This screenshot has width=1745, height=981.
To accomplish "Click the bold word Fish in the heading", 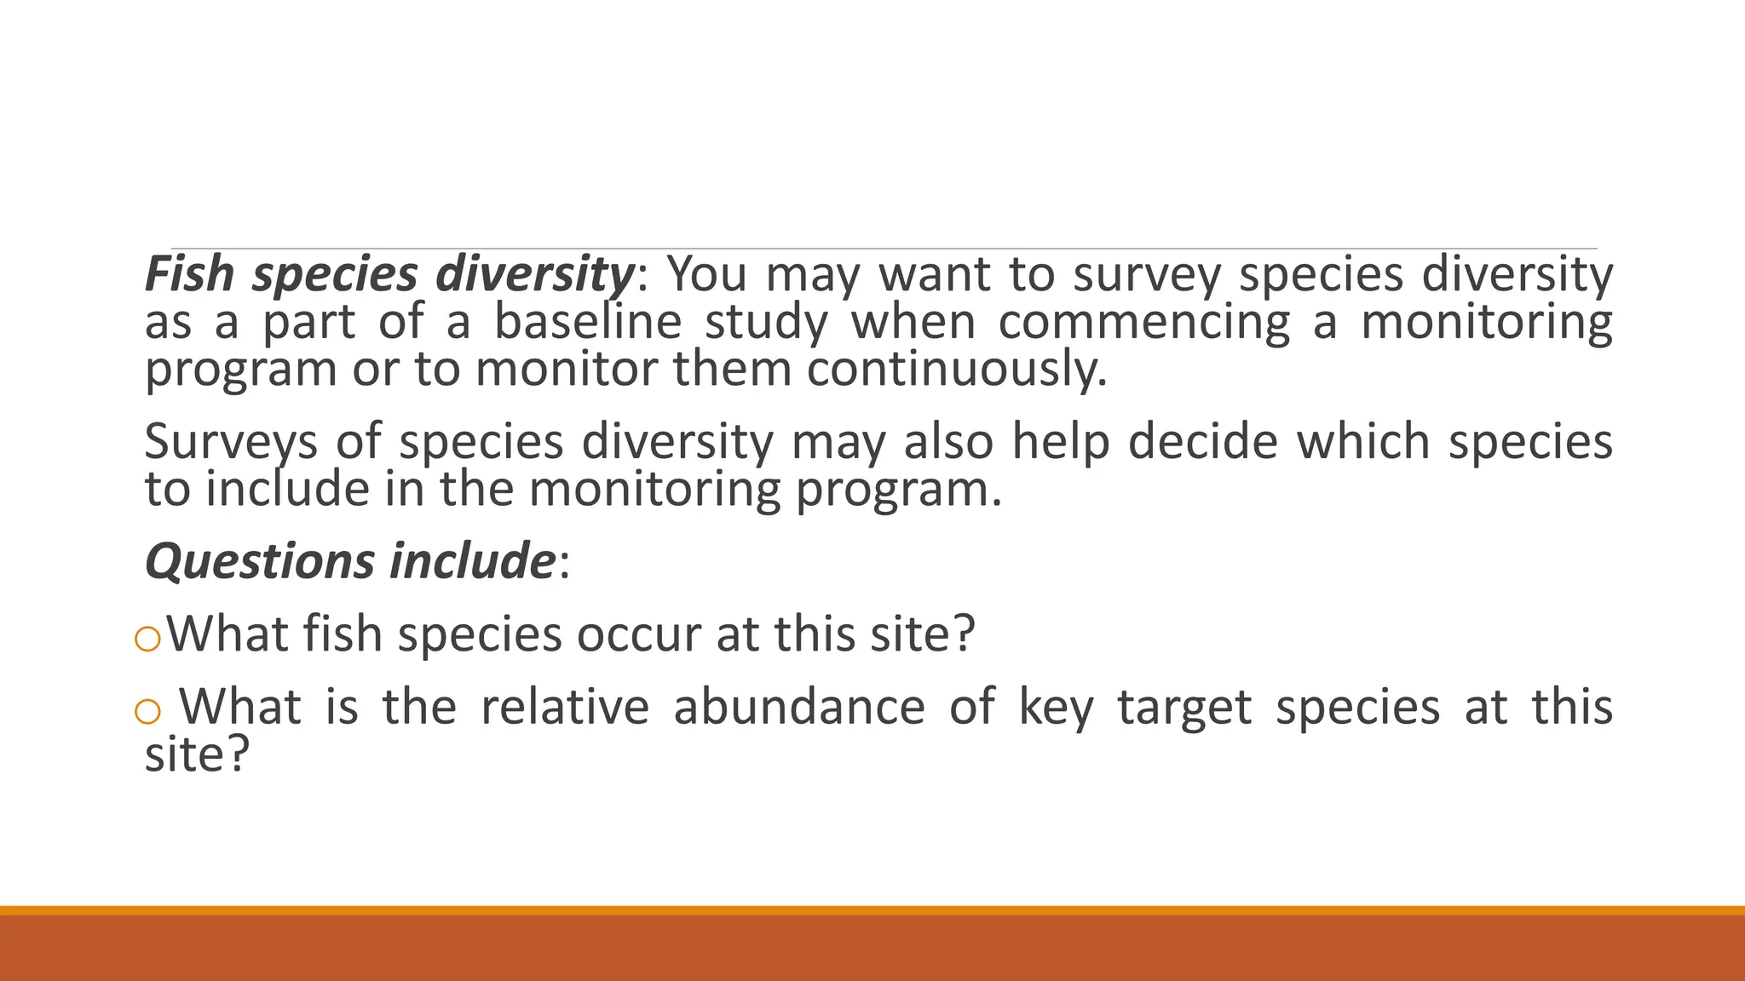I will point(189,274).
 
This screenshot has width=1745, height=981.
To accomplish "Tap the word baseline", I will point(588,322).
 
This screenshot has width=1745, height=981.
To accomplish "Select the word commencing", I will point(1144,322).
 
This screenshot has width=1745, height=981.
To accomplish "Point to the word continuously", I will point(956,370).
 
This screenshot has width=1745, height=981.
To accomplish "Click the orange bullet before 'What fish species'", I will point(148,639).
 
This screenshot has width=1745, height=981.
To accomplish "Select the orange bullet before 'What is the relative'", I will point(148,711).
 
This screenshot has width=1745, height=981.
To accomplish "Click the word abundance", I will point(798,708).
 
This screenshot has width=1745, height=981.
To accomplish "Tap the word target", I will point(1184,708).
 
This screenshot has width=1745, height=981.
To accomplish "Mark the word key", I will point(1056,708).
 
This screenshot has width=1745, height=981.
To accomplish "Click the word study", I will point(766,322).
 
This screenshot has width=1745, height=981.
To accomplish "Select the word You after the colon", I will point(707,274).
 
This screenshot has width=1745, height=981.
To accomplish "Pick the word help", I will point(1061,441).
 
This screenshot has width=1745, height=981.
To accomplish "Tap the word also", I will point(948,441).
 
